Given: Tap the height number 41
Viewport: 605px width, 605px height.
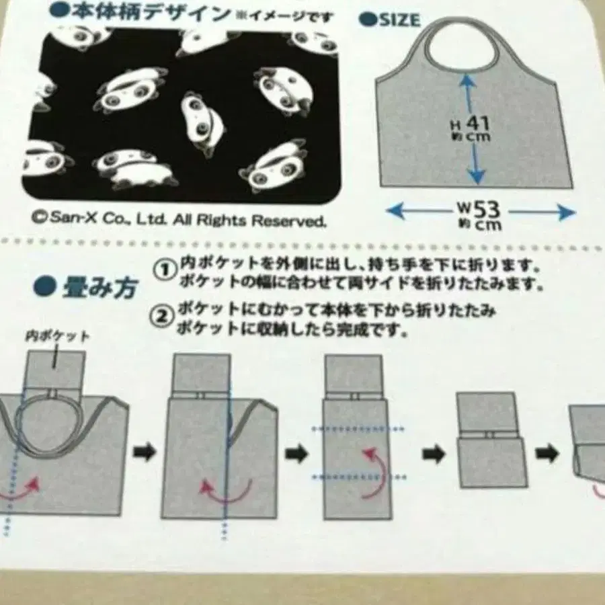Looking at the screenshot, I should (x=478, y=124).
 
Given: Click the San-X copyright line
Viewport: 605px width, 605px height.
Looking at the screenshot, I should (x=179, y=219).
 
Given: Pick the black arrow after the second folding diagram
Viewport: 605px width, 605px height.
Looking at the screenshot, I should (x=296, y=454).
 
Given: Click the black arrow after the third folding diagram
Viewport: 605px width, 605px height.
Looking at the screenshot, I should (x=433, y=455).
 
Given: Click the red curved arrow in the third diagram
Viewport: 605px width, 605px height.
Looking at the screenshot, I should (x=372, y=474).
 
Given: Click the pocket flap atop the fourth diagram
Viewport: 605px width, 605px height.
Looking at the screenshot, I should (x=486, y=412).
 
